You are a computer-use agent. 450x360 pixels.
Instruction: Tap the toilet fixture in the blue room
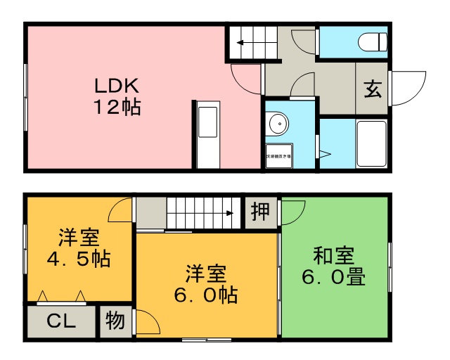[x=371, y=43]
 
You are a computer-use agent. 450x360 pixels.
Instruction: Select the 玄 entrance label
[x=372, y=89]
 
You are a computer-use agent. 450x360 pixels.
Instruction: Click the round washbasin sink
[x=278, y=124]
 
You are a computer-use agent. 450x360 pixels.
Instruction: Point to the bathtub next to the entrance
[x=371, y=144]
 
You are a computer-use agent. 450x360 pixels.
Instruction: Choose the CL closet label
[x=61, y=321]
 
